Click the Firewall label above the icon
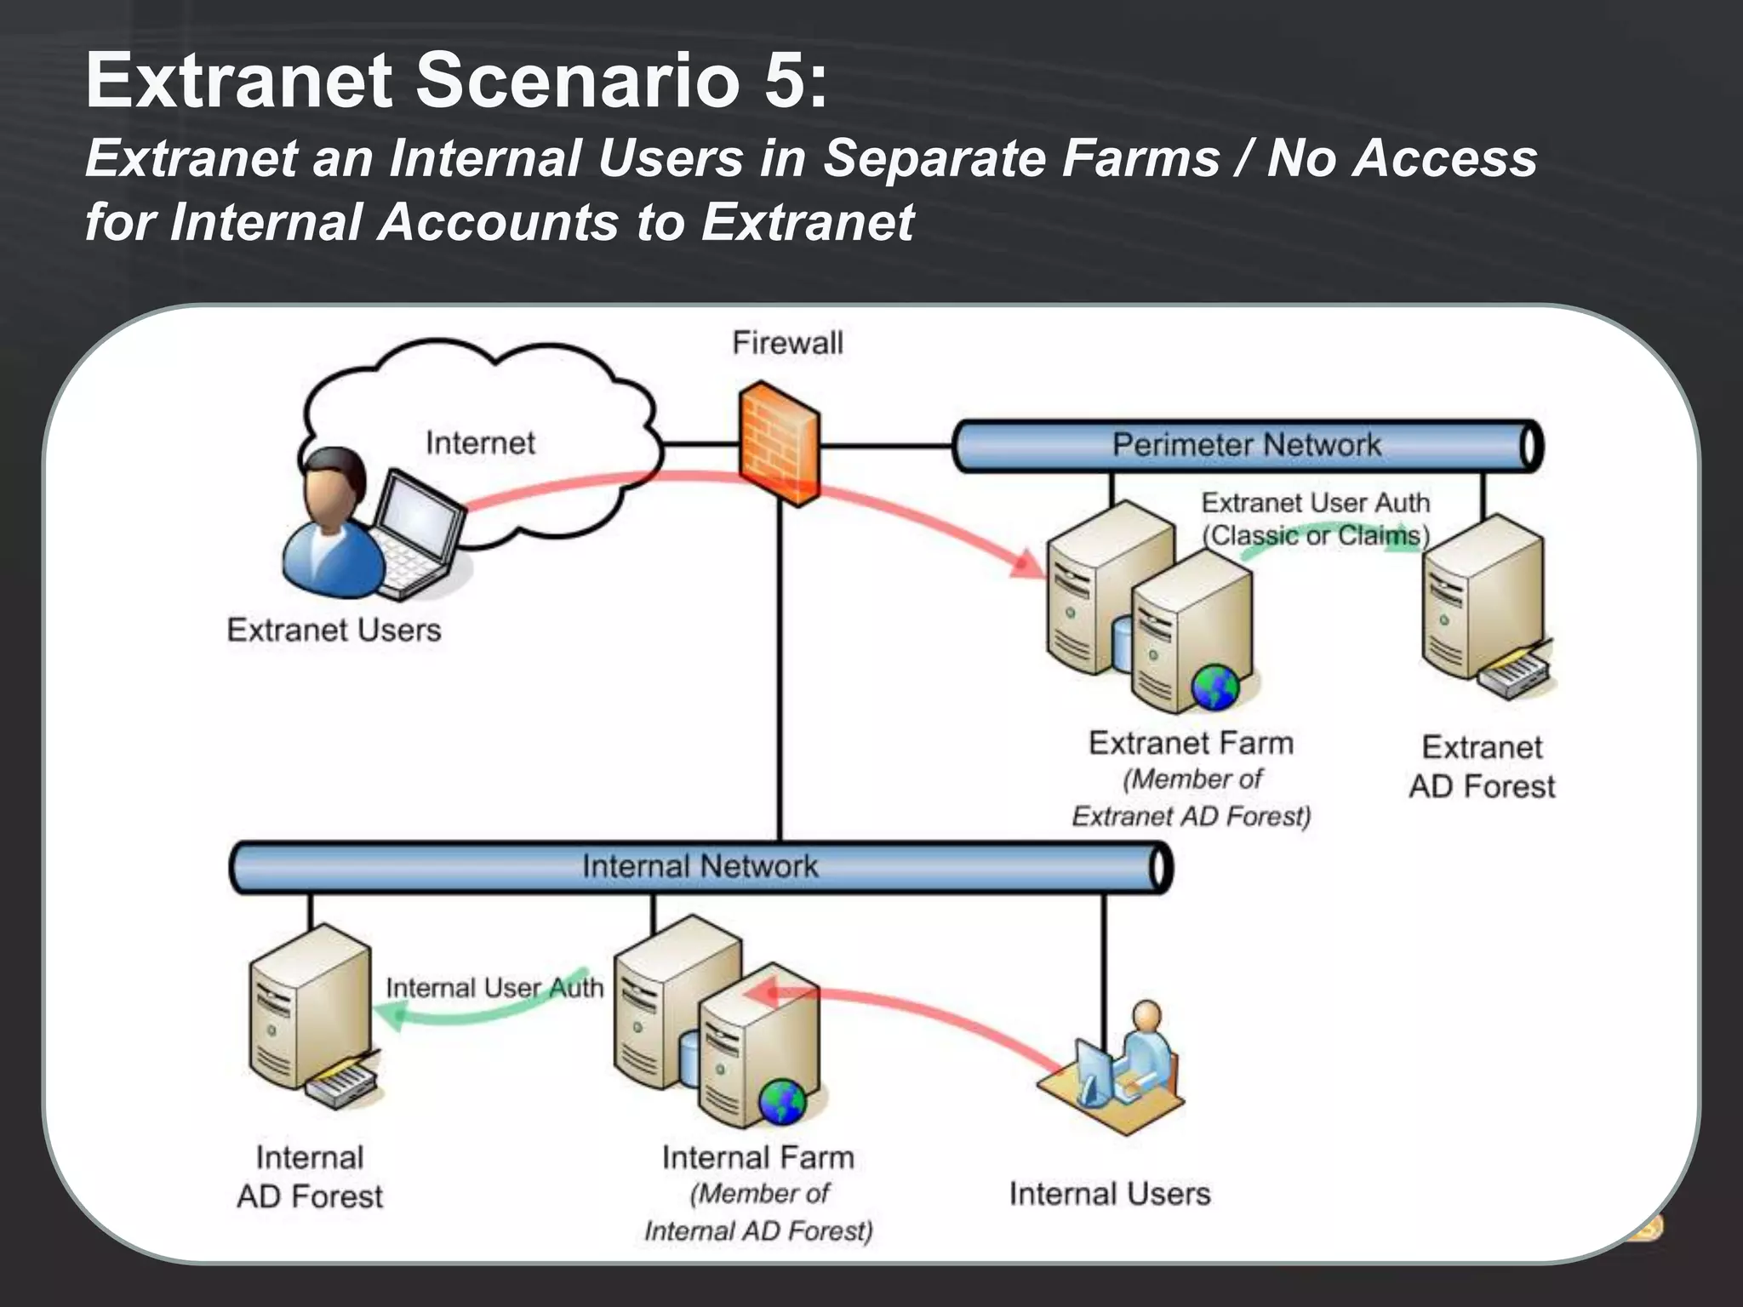pos(787,343)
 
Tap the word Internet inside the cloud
pos(480,442)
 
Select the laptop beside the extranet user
pos(417,532)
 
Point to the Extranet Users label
pos(334,630)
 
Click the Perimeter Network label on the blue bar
pos(1246,444)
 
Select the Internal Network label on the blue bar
pos(700,866)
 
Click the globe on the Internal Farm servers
pos(781,1102)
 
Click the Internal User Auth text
pos(494,988)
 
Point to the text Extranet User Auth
pos(1315,503)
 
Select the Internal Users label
pos(1109,1194)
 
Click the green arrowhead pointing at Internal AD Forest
pos(390,1014)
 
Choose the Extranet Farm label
pos(1191,743)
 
